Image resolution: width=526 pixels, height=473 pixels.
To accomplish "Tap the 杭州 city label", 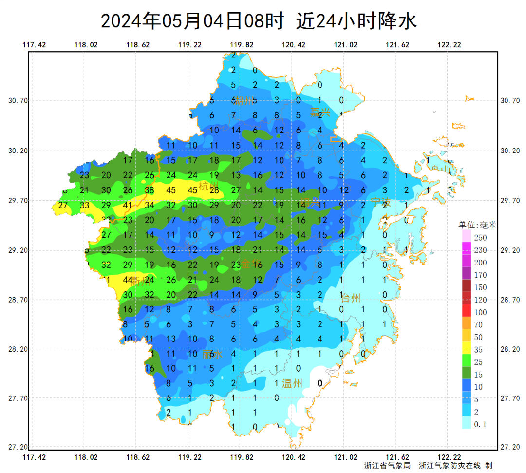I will point(209,186).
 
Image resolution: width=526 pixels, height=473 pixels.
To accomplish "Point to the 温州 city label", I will point(292,383).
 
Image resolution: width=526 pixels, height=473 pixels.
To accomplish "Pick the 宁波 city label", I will point(381,202).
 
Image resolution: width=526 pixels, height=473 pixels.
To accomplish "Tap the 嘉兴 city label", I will point(320,113).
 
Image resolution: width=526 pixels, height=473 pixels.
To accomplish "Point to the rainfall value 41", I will point(128,205).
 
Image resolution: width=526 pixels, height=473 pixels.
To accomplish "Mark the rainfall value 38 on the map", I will point(149,190).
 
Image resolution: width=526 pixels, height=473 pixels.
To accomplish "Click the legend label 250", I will point(480,238).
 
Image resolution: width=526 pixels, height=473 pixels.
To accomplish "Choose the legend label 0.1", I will point(480,424).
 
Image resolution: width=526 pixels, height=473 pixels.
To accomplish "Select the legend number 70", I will point(478,325).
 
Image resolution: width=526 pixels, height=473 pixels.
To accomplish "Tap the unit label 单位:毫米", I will point(477,225).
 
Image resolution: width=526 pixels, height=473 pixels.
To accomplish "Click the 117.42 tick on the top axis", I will point(34,45).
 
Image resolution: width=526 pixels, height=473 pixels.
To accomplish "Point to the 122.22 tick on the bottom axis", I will point(449,457).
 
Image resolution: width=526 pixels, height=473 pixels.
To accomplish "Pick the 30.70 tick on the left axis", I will point(18,101).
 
